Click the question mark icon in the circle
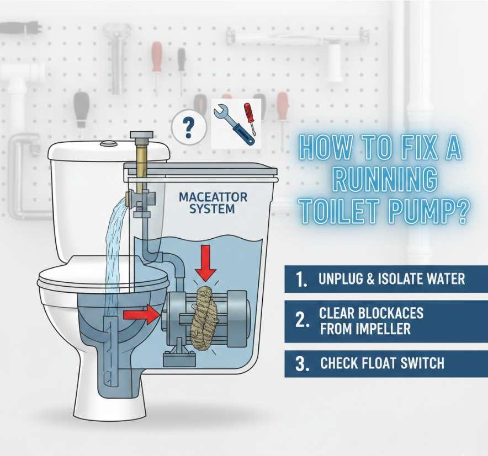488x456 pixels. [188, 127]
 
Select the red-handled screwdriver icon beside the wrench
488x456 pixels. [250, 118]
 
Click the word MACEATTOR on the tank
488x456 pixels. [213, 197]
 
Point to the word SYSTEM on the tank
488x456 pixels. [212, 208]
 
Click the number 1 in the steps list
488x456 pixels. [301, 280]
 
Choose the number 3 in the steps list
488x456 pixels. [302, 363]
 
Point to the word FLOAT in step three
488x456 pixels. [372, 363]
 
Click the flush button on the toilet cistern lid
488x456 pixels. [108, 143]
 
